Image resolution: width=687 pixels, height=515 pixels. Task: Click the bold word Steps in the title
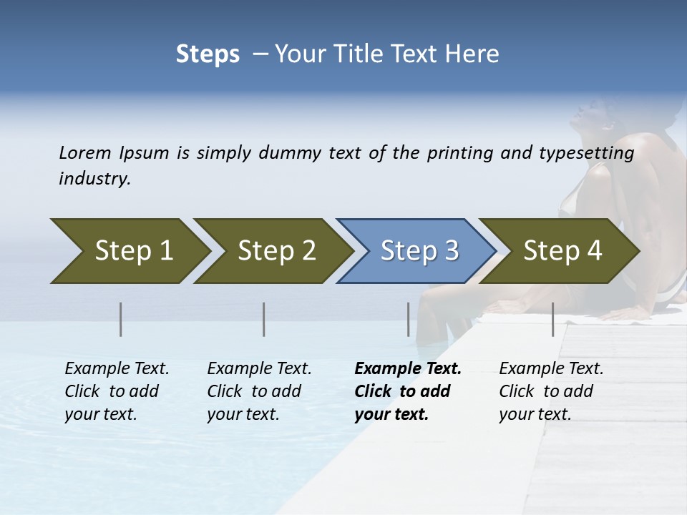click(208, 54)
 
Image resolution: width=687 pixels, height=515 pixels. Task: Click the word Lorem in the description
click(84, 152)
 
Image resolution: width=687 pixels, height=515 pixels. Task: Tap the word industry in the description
click(94, 178)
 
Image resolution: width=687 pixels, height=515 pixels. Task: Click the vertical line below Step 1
click(121, 319)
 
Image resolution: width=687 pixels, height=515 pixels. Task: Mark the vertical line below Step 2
click(264, 319)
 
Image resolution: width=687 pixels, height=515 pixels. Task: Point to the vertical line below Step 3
click(408, 319)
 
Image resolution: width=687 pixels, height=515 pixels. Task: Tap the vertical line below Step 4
click(552, 319)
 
